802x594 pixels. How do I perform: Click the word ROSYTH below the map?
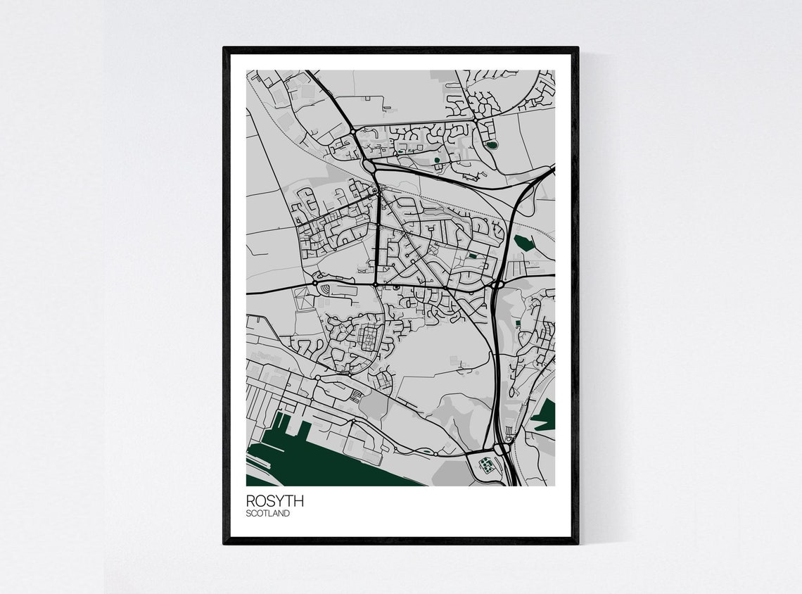[275, 501]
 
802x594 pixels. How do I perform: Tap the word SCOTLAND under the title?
[267, 514]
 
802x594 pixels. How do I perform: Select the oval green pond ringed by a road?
[491, 145]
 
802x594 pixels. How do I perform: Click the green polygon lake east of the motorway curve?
[523, 244]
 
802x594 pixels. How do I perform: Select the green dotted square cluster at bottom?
[485, 464]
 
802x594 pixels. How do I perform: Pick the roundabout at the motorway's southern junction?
[501, 448]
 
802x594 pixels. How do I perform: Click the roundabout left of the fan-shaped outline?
[314, 283]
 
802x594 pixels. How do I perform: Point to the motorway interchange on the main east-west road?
[497, 284]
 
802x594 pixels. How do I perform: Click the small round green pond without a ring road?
[437, 160]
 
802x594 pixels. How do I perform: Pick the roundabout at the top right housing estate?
[476, 121]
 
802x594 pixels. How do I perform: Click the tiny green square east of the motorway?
[518, 323]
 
